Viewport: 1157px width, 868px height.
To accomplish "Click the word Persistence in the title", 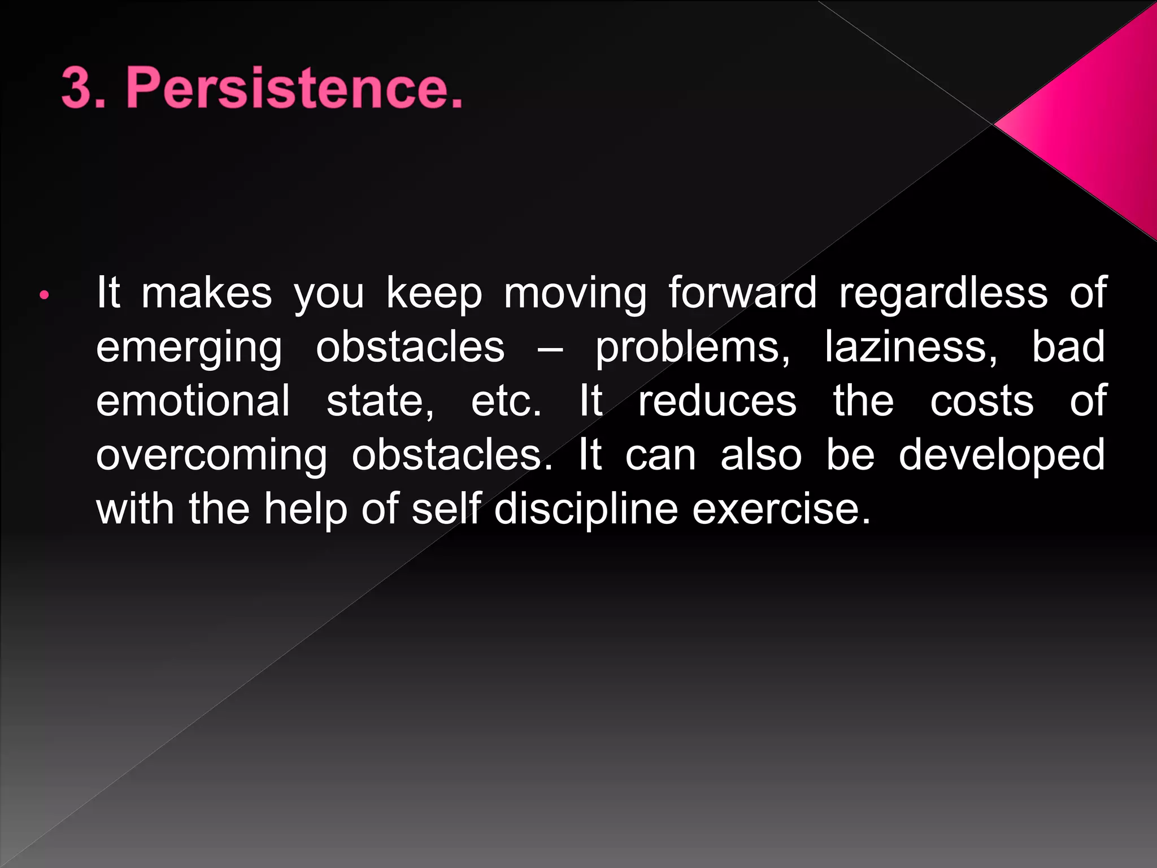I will coord(294,88).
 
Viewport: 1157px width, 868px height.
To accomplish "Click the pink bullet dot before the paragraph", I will coord(45,294).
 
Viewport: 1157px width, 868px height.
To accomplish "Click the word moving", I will coord(575,294).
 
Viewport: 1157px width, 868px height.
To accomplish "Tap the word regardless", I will coord(943,294).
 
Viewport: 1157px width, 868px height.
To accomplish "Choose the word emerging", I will coord(189,348).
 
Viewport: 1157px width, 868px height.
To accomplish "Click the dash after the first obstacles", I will coord(550,348).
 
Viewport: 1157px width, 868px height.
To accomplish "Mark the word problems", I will coord(693,348).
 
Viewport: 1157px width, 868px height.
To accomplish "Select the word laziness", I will coord(911,347).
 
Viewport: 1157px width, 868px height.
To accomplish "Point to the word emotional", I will coord(193,401).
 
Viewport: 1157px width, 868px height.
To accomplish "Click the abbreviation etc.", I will coord(506,402).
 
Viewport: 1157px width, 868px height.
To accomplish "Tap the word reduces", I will coord(717,402).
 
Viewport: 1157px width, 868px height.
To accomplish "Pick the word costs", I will coord(982,402).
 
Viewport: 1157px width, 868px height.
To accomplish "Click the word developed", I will coord(1002,455).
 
